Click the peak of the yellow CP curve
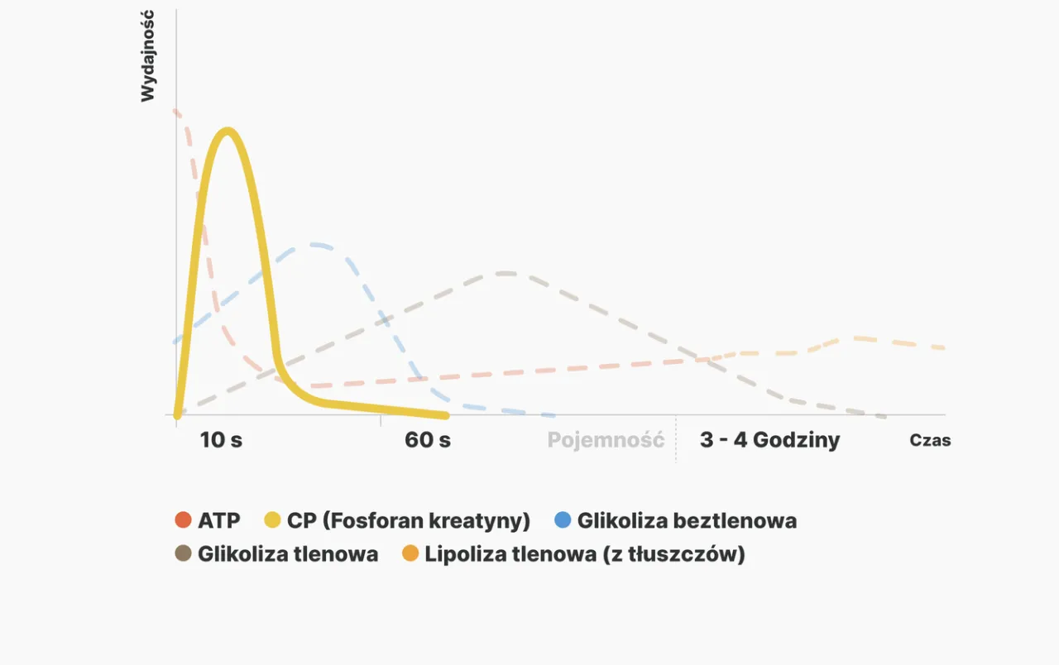pos(228,132)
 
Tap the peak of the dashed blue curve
pos(314,245)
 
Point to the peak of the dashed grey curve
pos(505,273)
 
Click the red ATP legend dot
pos(183,520)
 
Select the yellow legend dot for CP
pos(272,520)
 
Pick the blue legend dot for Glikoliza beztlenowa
pos(563,520)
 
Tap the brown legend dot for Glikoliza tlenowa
pos(183,553)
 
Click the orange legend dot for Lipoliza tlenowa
pos(410,553)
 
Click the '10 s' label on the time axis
pos(221,440)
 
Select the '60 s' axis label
pos(428,440)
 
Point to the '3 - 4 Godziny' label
pos(769,440)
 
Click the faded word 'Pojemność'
pos(606,441)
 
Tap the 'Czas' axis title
pos(930,441)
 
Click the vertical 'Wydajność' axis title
pos(147,55)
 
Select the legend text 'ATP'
pos(219,520)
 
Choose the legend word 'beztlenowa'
pos(735,520)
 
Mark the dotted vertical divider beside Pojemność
pos(676,438)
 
